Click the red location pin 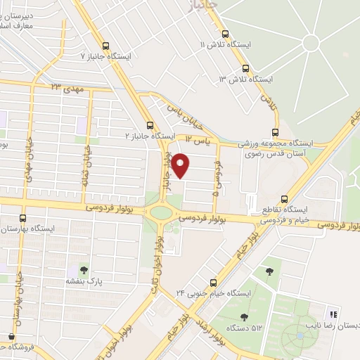click(181, 165)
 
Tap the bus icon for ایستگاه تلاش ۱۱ click(225, 34)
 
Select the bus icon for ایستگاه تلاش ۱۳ click(245, 68)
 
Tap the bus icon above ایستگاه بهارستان click(23, 218)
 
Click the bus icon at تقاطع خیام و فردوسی click(284, 199)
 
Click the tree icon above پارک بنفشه click(84, 269)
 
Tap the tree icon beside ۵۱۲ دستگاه click(243, 317)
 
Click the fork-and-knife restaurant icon click(333, 314)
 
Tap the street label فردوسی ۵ click(217, 176)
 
